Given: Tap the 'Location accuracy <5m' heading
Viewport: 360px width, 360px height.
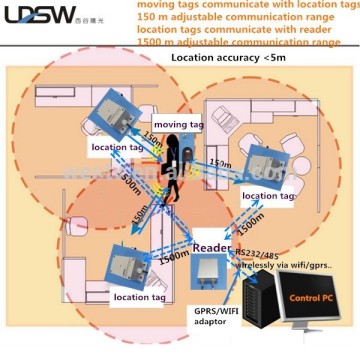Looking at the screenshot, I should [220, 87].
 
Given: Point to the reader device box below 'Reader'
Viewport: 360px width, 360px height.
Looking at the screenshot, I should [212, 276].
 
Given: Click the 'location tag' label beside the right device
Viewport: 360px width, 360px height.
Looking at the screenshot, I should [269, 196].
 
